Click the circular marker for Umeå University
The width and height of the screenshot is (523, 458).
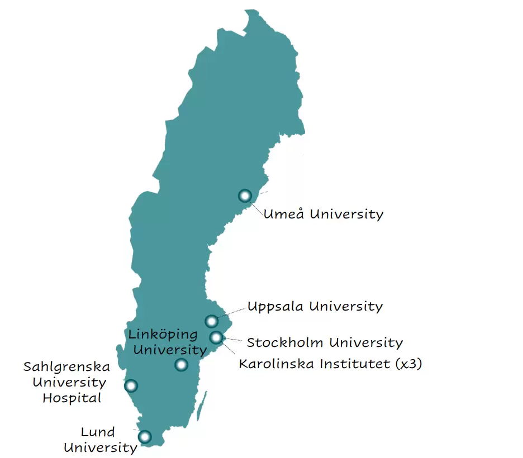click(x=245, y=195)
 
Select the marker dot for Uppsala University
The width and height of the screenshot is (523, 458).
click(x=211, y=321)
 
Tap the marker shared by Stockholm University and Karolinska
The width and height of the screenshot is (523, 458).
click(x=216, y=337)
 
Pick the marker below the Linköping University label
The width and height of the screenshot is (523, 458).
click(x=181, y=365)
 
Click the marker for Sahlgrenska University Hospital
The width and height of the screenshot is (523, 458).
click(x=131, y=385)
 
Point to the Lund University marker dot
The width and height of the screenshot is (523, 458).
click(x=145, y=437)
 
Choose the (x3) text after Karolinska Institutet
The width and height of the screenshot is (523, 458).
click(x=408, y=364)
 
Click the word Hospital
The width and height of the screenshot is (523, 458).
click(x=72, y=398)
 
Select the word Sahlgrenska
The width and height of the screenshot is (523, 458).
click(x=66, y=367)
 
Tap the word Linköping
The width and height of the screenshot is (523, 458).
click(x=163, y=335)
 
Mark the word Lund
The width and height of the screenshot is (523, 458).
click(x=98, y=432)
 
